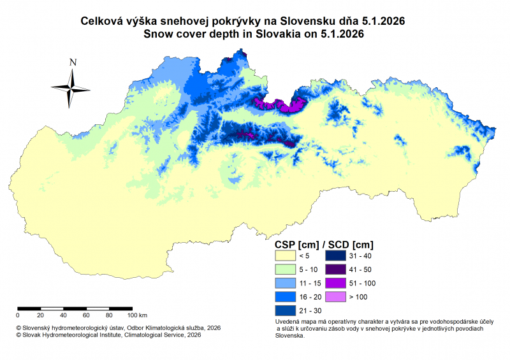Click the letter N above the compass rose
click(x=73, y=62)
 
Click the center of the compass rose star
click(x=71, y=88)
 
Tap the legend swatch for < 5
click(x=286, y=255)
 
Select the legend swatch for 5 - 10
click(x=286, y=269)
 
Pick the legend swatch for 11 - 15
click(x=286, y=283)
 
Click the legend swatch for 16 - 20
click(x=286, y=297)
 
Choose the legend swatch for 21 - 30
click(x=286, y=311)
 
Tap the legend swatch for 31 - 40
click(x=337, y=255)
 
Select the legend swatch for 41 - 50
click(x=337, y=269)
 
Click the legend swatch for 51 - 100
click(x=337, y=283)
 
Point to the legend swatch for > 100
click(x=337, y=297)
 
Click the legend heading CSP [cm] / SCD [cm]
click(x=324, y=244)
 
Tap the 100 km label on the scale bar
click(x=137, y=315)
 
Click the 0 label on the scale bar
click(x=18, y=315)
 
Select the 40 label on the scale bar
click(x=63, y=315)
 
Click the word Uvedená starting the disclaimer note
click(x=286, y=323)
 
